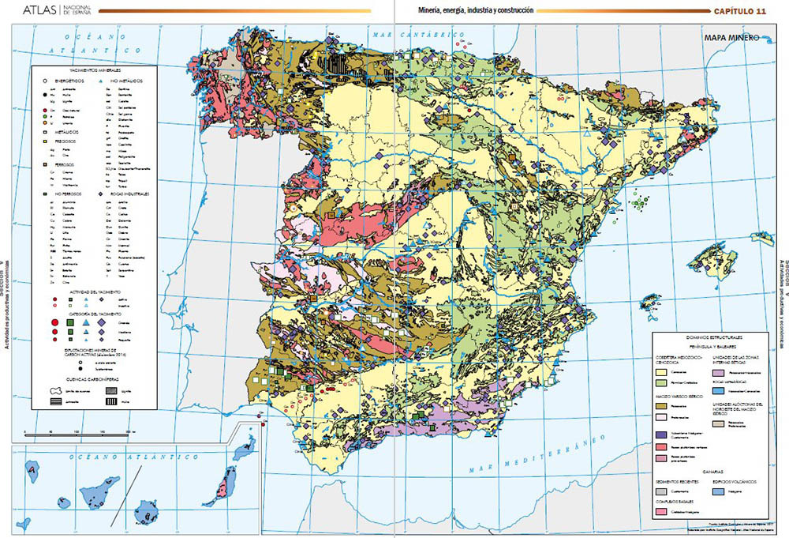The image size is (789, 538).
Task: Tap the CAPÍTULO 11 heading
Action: pos(740,11)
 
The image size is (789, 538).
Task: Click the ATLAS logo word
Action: pos(39,10)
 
